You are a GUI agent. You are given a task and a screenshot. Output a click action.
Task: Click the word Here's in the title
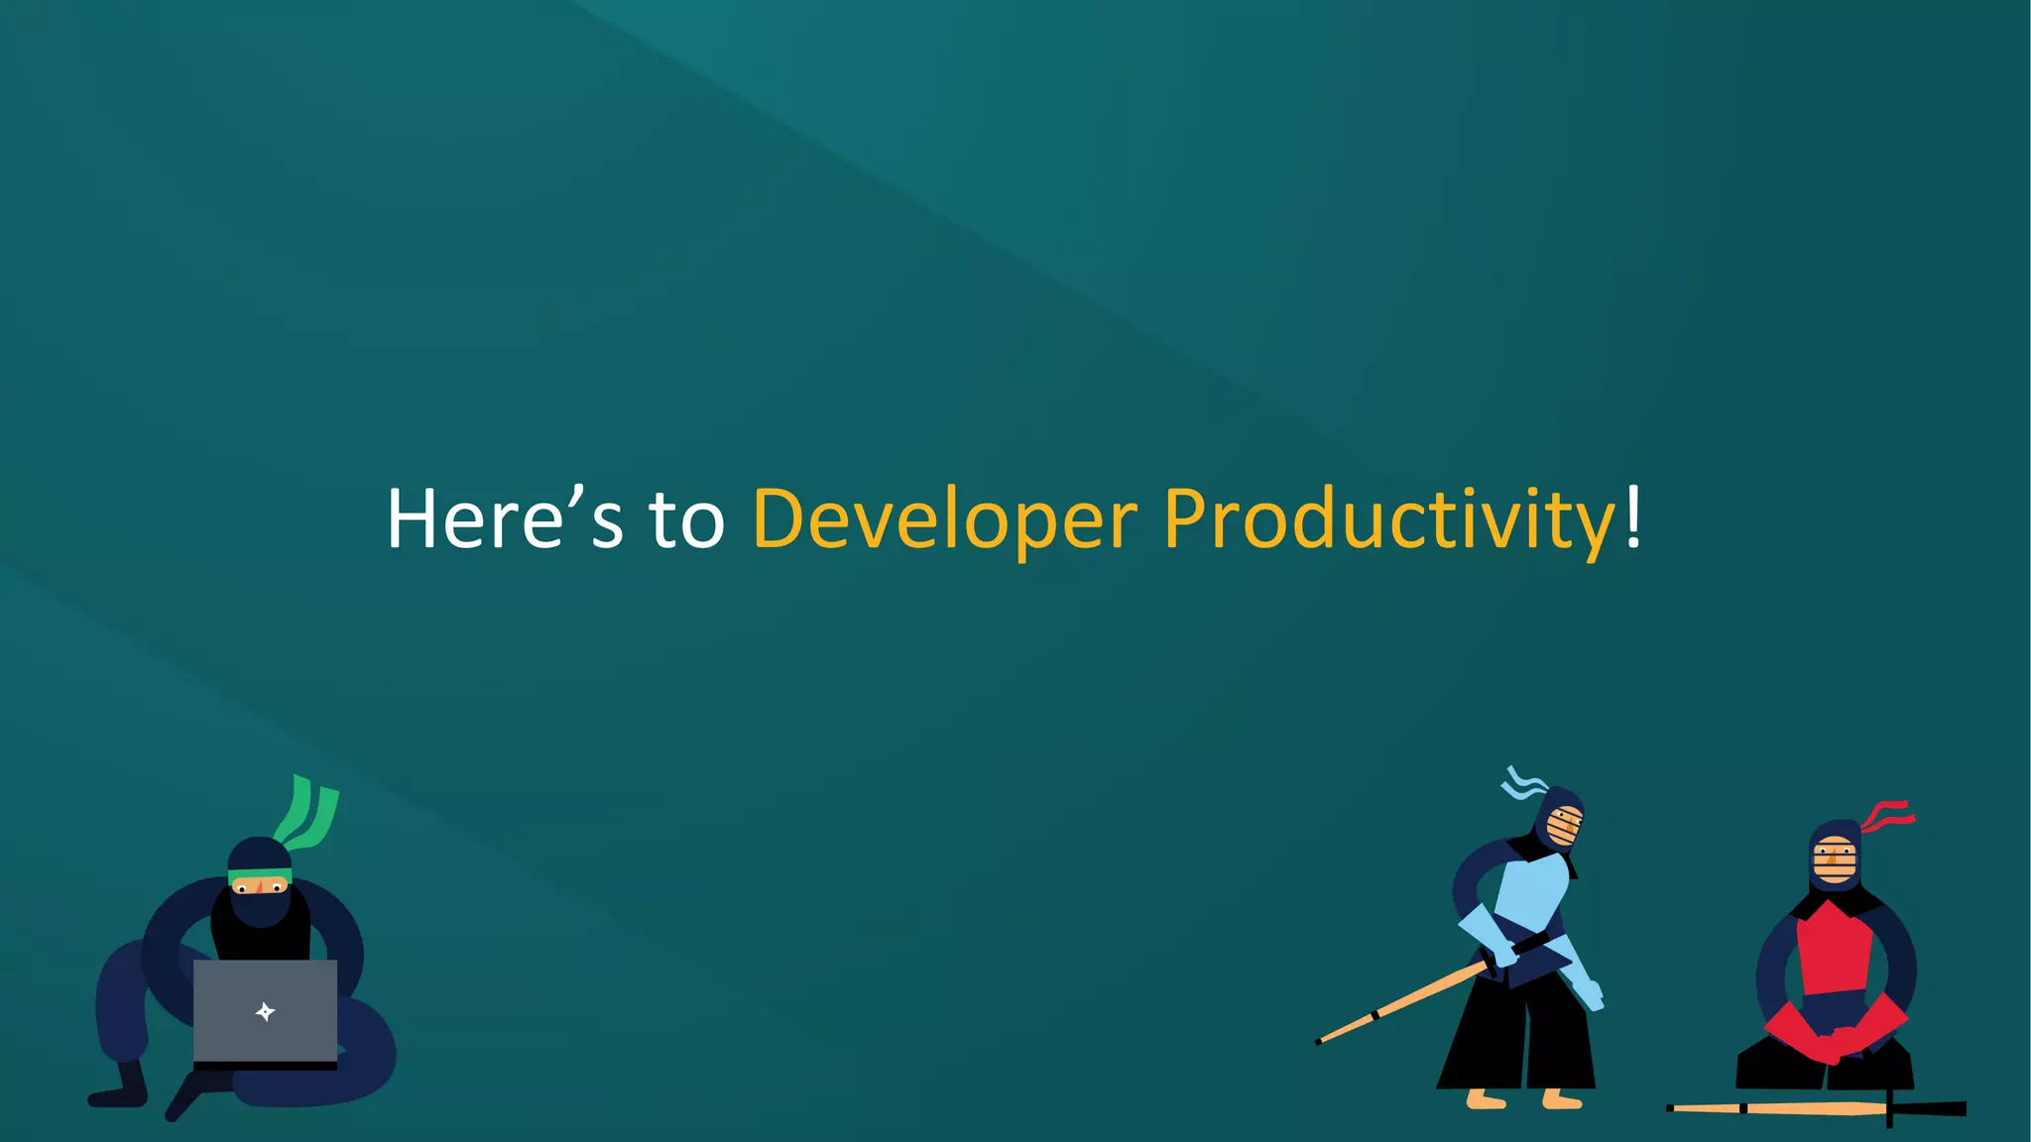(x=504, y=519)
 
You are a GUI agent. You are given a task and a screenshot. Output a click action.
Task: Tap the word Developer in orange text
(x=944, y=519)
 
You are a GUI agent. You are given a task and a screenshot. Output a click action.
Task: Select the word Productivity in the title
(x=1388, y=519)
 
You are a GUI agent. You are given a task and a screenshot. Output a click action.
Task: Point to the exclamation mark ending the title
(x=1632, y=515)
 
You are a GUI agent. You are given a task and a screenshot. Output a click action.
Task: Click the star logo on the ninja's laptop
(x=265, y=1012)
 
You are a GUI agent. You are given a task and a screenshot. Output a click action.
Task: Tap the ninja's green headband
(x=260, y=875)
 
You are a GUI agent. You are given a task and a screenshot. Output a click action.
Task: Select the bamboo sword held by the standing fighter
(x=1408, y=1001)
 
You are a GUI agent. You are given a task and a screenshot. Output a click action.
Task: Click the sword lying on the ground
(x=1815, y=1108)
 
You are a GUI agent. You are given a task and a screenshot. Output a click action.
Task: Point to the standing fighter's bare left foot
(x=1486, y=1098)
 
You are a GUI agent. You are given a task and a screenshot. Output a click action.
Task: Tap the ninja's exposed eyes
(x=260, y=888)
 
